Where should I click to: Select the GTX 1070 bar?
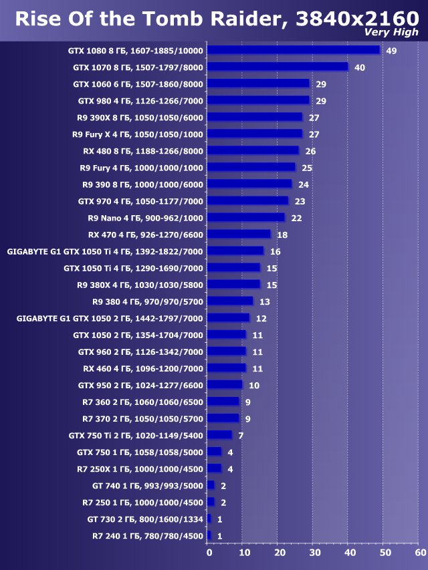coord(278,67)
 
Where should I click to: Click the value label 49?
coord(391,51)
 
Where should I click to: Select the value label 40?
coord(360,67)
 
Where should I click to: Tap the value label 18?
coord(282,235)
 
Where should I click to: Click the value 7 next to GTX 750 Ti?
coord(241,436)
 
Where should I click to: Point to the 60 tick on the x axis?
coord(420,553)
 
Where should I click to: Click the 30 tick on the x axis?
coord(314,553)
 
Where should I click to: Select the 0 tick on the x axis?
coord(209,553)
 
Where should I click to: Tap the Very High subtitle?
coord(391,32)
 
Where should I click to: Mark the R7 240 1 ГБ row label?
coord(148,535)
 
